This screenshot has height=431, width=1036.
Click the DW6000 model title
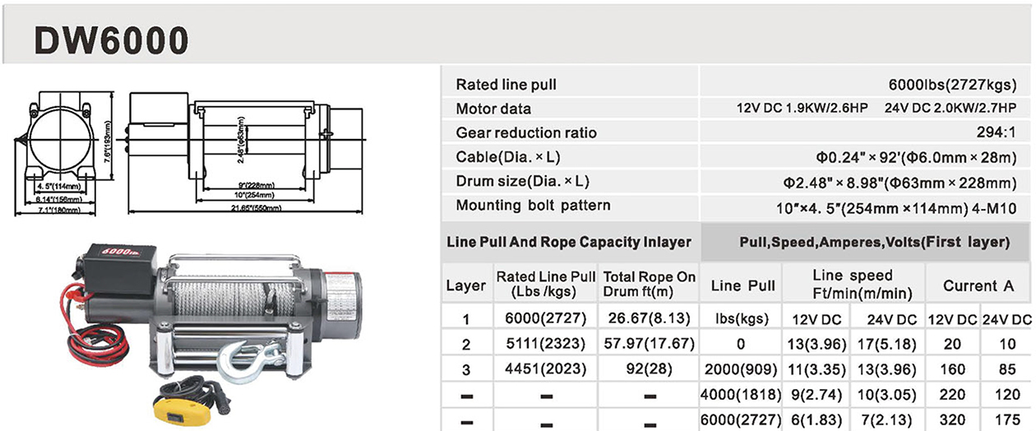[111, 38]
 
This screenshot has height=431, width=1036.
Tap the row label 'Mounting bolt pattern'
[533, 205]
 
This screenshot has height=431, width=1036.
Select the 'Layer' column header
[465, 286]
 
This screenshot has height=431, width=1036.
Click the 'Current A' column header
[978, 286]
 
